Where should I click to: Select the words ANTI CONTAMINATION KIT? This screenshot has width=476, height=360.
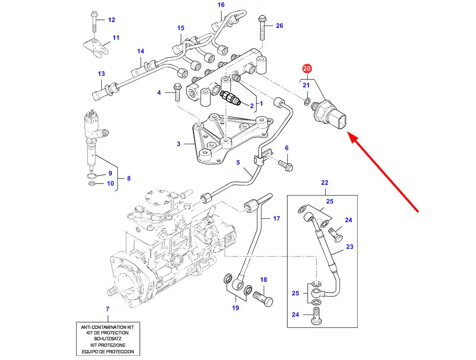click(107, 327)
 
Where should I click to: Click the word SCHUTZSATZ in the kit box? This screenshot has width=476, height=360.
click(107, 339)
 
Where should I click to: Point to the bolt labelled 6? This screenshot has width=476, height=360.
click(287, 166)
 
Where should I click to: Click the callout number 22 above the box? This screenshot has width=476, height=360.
click(325, 183)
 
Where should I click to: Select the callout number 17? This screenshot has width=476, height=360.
click(276, 219)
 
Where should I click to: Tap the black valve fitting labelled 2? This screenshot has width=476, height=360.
click(231, 98)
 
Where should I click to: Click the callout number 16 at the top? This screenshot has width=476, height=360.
click(221, 5)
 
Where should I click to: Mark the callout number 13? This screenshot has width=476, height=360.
click(101, 74)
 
